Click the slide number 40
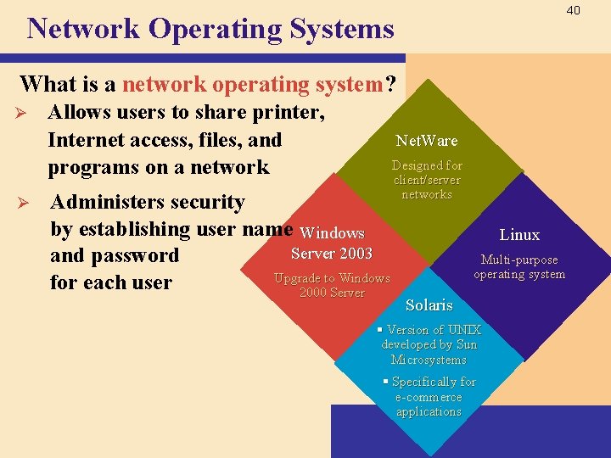click(573, 10)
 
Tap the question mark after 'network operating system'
click(390, 84)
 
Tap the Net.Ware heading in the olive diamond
click(426, 141)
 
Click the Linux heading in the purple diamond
click(519, 235)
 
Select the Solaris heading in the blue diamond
click(429, 305)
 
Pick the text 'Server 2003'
click(331, 254)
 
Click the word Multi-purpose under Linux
click(519, 260)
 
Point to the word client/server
click(426, 180)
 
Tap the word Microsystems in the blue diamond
click(429, 360)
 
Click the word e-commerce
click(429, 397)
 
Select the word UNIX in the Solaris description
click(464, 330)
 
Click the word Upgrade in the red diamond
click(298, 278)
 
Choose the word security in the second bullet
click(207, 202)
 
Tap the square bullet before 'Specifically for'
click(385, 382)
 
